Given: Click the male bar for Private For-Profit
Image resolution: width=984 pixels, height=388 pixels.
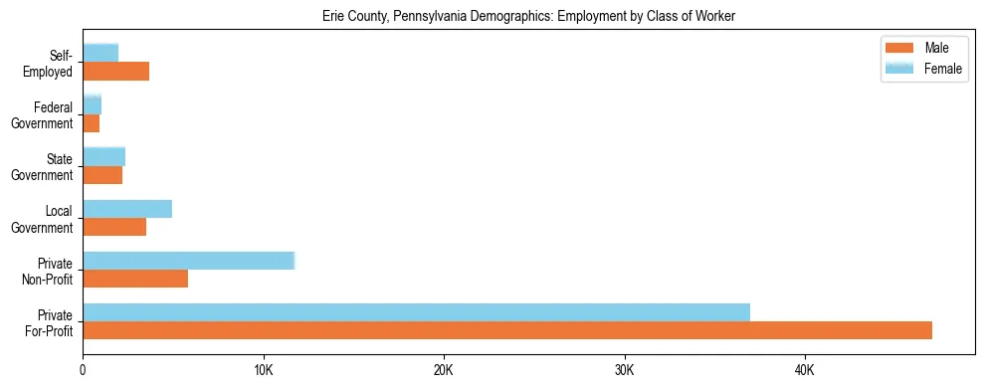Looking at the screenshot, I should click(507, 330).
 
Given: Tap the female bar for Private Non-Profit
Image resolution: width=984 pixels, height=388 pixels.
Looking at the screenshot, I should click(189, 261).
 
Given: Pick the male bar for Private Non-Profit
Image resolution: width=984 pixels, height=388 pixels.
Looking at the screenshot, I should click(135, 279).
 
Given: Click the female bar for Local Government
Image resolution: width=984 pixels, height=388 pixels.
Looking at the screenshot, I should click(127, 209).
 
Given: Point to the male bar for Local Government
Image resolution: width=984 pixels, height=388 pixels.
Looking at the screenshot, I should click(114, 227).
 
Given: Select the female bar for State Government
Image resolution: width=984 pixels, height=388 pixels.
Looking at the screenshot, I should click(103, 156).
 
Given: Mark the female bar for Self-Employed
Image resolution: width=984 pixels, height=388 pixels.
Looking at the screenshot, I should click(100, 53).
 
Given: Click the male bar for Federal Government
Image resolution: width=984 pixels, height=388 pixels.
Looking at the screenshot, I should click(92, 123).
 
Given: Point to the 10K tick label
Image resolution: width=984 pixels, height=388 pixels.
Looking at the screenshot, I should click(263, 370).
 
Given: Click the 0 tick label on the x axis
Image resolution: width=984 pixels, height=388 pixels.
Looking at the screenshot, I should click(83, 370).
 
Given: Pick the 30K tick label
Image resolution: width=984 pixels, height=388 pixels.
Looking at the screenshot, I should click(624, 370).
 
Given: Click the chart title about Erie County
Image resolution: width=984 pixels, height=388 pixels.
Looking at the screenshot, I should click(528, 17).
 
